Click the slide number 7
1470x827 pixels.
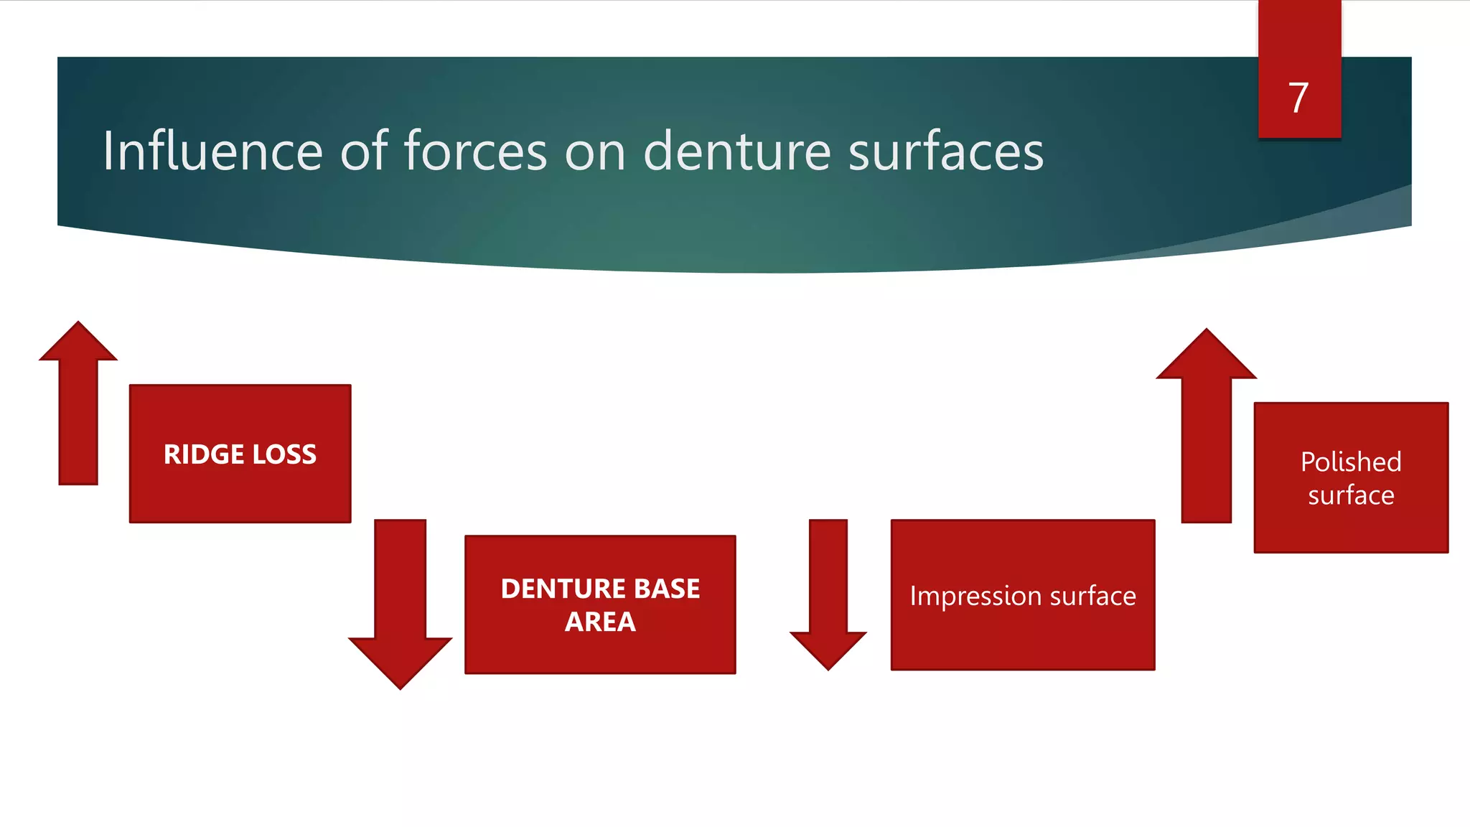(1298, 98)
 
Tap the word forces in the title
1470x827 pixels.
(476, 151)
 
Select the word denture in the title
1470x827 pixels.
(737, 151)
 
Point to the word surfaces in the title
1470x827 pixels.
(945, 151)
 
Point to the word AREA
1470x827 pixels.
(600, 622)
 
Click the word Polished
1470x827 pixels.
(1351, 462)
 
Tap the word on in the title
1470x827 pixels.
(595, 151)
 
